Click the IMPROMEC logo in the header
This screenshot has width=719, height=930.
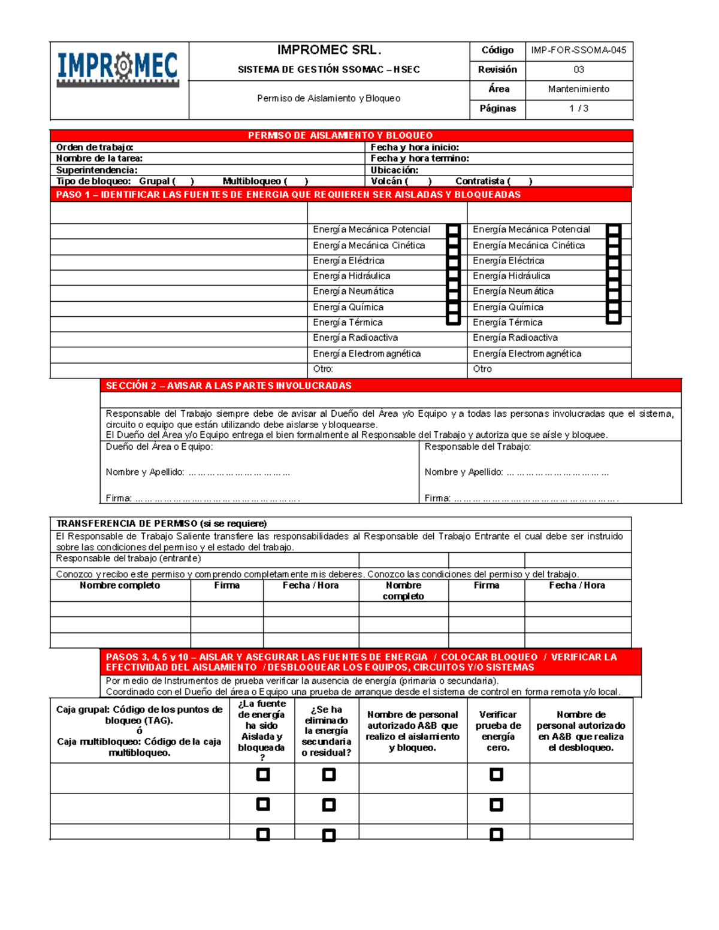point(117,68)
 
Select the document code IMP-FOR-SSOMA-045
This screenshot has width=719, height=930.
point(578,50)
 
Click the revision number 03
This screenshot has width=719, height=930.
point(578,69)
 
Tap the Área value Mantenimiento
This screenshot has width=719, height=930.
point(578,89)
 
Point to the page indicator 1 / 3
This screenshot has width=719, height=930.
point(578,108)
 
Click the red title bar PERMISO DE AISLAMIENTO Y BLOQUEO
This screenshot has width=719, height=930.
point(340,135)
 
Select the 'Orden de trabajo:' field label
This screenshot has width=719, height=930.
point(95,147)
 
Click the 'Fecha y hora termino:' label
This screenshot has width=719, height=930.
point(419,159)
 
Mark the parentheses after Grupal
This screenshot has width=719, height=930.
point(183,181)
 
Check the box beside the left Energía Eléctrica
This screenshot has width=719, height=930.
point(454,262)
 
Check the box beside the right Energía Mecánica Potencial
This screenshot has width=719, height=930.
point(613,230)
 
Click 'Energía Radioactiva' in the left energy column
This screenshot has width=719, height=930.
point(355,338)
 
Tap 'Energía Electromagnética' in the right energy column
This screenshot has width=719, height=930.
point(527,354)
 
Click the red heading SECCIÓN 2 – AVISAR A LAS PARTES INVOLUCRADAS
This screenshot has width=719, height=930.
point(229,386)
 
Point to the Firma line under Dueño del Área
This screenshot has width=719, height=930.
point(216,498)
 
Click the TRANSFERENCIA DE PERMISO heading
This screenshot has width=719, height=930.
point(161,523)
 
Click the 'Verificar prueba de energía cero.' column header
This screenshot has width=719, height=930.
point(498,731)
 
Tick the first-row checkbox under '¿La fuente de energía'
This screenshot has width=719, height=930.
point(262,775)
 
